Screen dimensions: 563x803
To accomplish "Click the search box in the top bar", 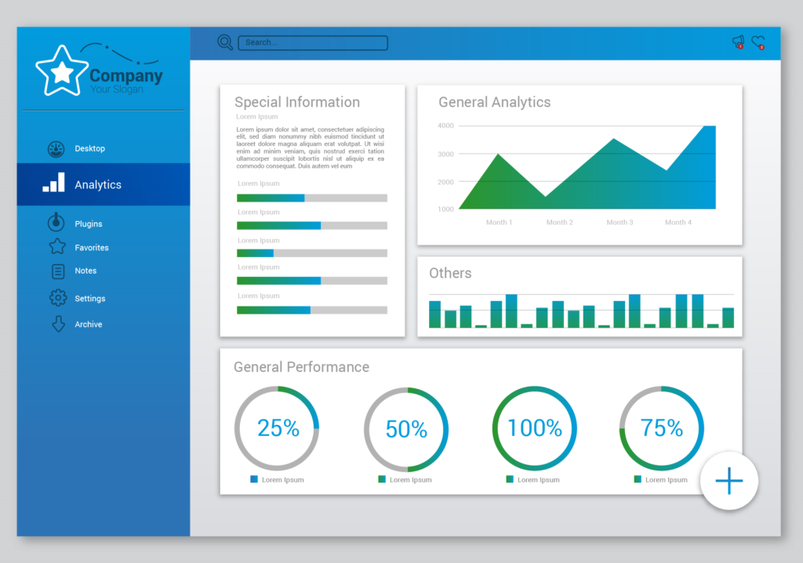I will [312, 43].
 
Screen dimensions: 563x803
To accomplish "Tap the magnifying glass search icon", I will [225, 42].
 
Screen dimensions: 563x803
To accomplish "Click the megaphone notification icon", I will [737, 42].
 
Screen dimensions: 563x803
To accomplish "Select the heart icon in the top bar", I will [758, 42].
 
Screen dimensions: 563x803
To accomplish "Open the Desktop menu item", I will [89, 149].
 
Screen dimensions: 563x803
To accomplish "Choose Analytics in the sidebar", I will [97, 185].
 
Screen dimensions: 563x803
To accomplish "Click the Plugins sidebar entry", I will [88, 224].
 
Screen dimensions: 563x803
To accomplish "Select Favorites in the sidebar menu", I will [91, 248].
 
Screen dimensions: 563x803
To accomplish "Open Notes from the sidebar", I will [85, 271].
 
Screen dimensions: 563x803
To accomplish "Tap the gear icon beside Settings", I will [57, 298].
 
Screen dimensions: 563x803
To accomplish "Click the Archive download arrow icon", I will [57, 324].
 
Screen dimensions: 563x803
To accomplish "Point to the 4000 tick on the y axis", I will [445, 125].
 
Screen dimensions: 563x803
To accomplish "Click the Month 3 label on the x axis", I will [619, 223].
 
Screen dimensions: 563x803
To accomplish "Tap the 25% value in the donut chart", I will [278, 428].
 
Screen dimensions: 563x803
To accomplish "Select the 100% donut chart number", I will [534, 428].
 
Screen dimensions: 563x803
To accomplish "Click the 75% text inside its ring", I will [661, 428].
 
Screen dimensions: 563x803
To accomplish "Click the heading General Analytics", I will [494, 102].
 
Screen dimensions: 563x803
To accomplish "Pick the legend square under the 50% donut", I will [382, 479].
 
